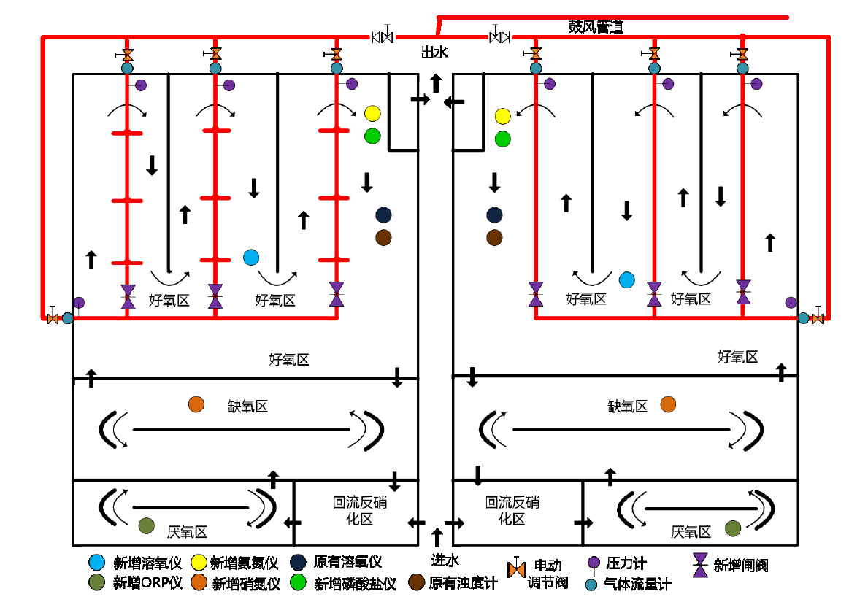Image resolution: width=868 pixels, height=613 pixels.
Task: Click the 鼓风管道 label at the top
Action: (596, 27)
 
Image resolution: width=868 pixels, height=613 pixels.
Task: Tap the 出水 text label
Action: (434, 53)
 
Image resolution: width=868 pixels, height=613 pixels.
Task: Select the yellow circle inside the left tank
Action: (372, 114)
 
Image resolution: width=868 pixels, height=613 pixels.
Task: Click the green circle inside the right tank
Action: (502, 139)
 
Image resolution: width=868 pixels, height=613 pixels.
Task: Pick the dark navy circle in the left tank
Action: (383, 215)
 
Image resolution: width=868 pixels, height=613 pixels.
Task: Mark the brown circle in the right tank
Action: (494, 237)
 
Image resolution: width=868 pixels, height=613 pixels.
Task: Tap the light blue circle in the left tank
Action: (251, 257)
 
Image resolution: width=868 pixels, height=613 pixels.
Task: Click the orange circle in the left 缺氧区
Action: (196, 404)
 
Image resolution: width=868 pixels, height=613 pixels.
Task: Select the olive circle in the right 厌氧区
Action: (733, 528)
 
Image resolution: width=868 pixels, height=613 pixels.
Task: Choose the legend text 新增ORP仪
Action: (146, 583)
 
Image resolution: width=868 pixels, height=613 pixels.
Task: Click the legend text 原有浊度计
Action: (463, 583)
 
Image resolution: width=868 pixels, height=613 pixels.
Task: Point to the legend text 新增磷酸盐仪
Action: (355, 583)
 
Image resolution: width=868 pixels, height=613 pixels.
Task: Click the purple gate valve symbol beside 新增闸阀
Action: (701, 565)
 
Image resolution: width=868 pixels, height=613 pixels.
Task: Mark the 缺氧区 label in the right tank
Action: (628, 406)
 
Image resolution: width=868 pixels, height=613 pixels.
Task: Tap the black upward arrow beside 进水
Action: (437, 539)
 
